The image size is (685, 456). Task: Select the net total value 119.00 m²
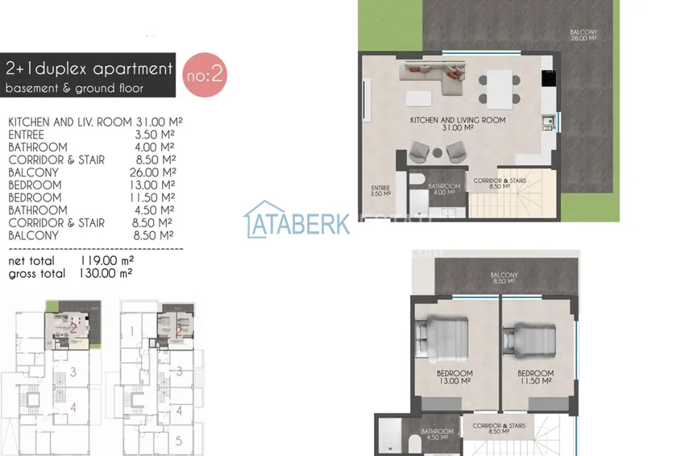(x=106, y=261)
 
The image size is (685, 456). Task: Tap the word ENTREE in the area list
(x=26, y=135)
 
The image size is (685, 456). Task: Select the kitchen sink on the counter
(x=548, y=122)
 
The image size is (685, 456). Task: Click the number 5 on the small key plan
(x=179, y=441)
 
